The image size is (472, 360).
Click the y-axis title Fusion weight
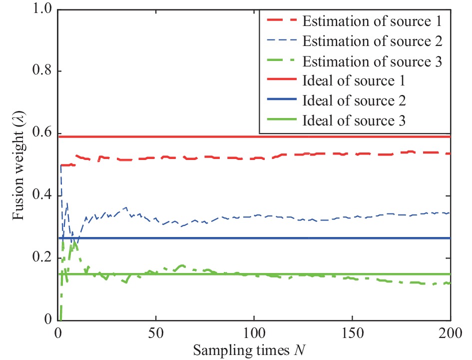(18, 165)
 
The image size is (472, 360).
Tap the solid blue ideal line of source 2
(300, 238)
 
